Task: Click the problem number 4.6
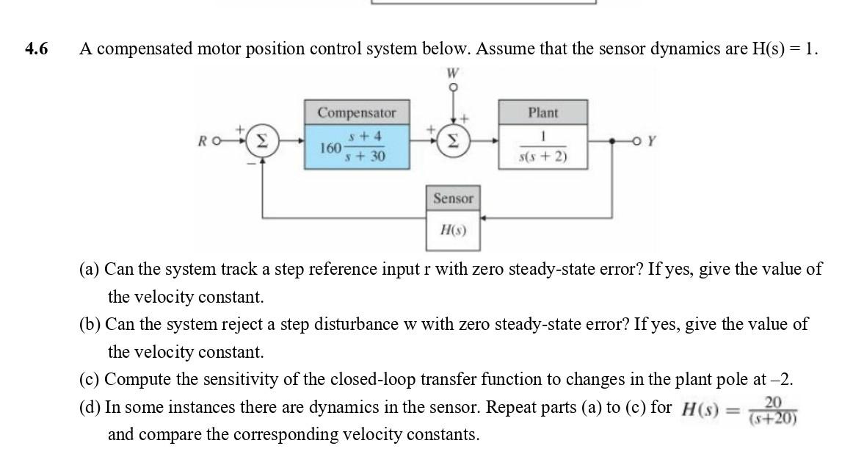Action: [35, 49]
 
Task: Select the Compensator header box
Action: [357, 113]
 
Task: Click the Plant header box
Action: [543, 112]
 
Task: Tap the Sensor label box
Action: [453, 198]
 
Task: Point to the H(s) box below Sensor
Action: [453, 230]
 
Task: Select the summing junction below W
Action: [453, 142]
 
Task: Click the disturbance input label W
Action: [453, 73]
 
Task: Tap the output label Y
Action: [649, 143]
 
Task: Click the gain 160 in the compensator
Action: [330, 148]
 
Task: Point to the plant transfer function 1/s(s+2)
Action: [543, 147]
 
